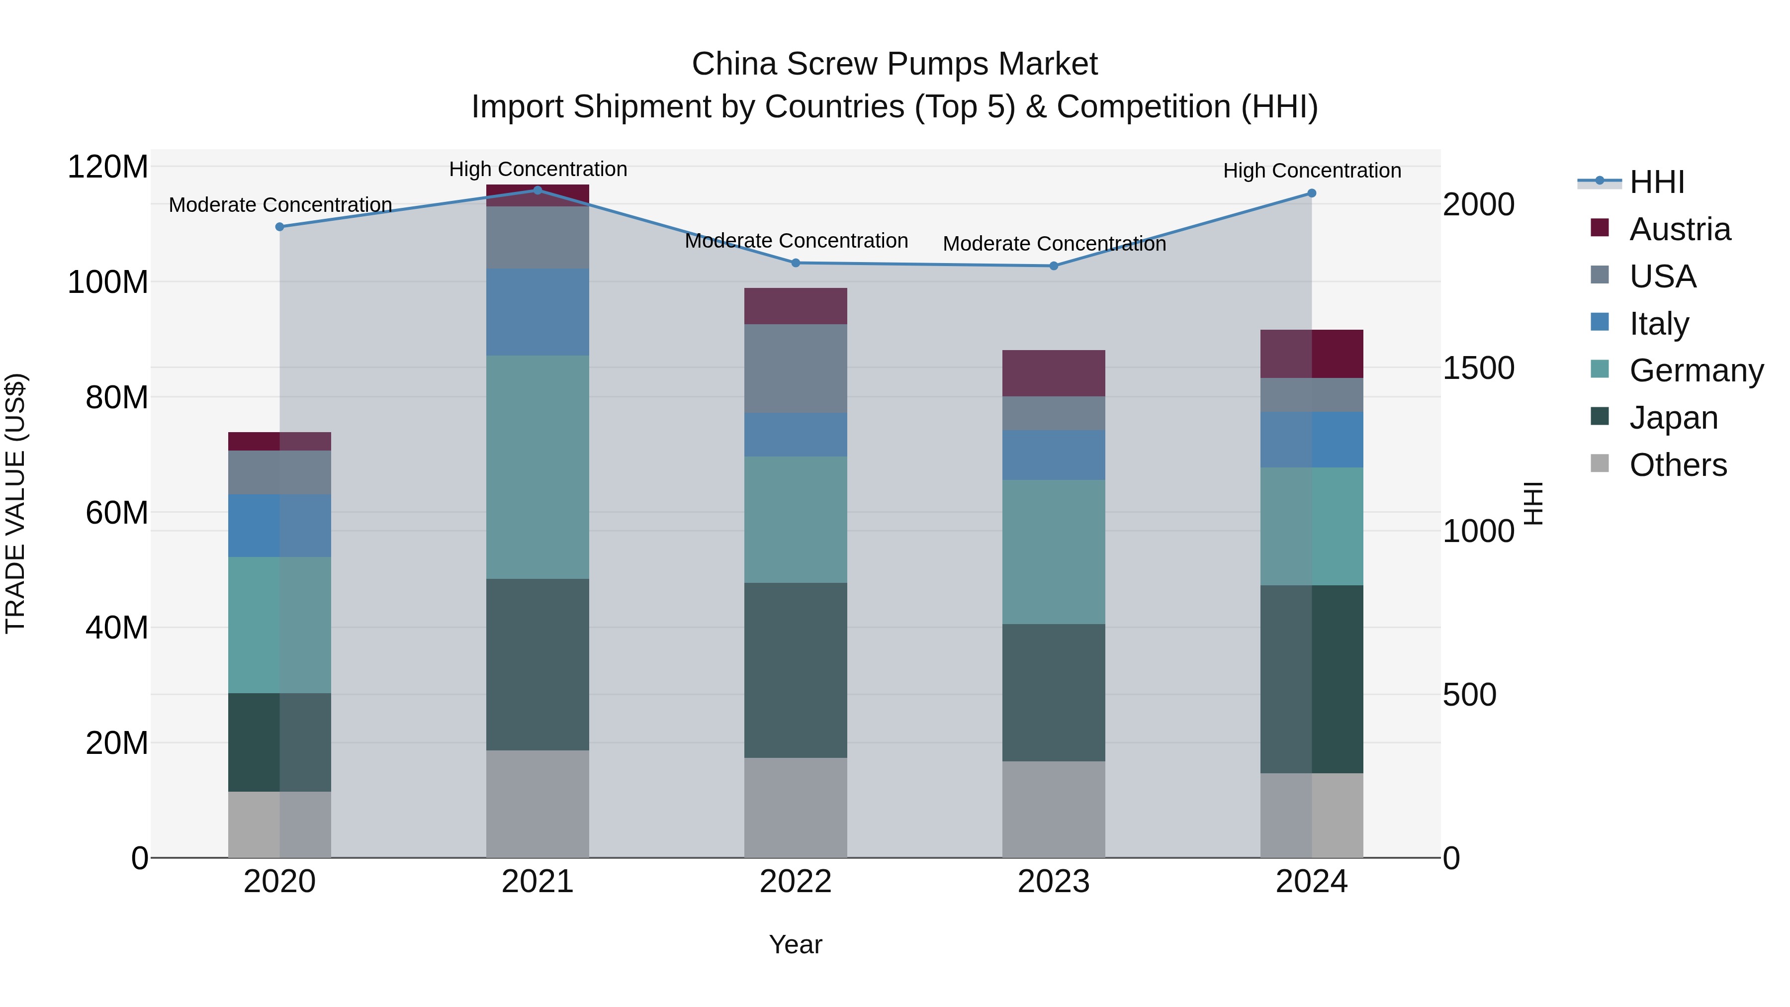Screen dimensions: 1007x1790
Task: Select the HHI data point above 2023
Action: [x=1054, y=266]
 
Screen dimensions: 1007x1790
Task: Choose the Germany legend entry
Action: [x=1696, y=370]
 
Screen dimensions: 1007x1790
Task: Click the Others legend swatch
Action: [x=1600, y=463]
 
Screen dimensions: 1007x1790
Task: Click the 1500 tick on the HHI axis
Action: [x=1478, y=368]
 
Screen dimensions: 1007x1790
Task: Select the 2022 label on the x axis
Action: [x=796, y=882]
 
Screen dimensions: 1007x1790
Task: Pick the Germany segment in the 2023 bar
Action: [x=1054, y=552]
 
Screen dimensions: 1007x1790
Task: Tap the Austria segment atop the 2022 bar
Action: [x=796, y=306]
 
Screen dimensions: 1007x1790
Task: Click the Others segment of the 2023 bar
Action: [x=1054, y=810]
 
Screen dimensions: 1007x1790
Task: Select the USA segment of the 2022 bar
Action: [x=796, y=368]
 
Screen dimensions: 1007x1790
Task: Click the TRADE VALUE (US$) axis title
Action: [x=16, y=503]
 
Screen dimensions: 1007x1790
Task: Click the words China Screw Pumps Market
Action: [x=895, y=64]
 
